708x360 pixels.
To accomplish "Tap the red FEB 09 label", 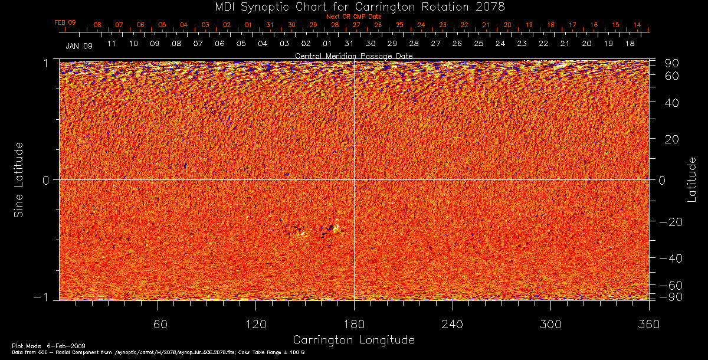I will (65, 22).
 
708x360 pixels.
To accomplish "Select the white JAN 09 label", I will (79, 45).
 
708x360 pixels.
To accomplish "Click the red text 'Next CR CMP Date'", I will (353, 17).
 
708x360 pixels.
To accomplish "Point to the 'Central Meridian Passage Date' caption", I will (353, 55).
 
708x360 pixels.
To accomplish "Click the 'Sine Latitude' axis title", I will (19, 179).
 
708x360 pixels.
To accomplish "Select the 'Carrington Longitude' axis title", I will (353, 340).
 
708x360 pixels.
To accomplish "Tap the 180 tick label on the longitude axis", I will (353, 324).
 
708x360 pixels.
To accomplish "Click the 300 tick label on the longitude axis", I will (550, 324).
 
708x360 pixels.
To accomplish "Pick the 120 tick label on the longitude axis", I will (255, 324).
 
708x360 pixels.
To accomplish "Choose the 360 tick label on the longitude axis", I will (648, 324).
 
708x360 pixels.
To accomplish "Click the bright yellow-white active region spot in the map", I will (336, 228).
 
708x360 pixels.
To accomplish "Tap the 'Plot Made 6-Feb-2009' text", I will (37, 345).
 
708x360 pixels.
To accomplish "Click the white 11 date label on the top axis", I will (111, 44).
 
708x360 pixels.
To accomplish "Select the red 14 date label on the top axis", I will (637, 25).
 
